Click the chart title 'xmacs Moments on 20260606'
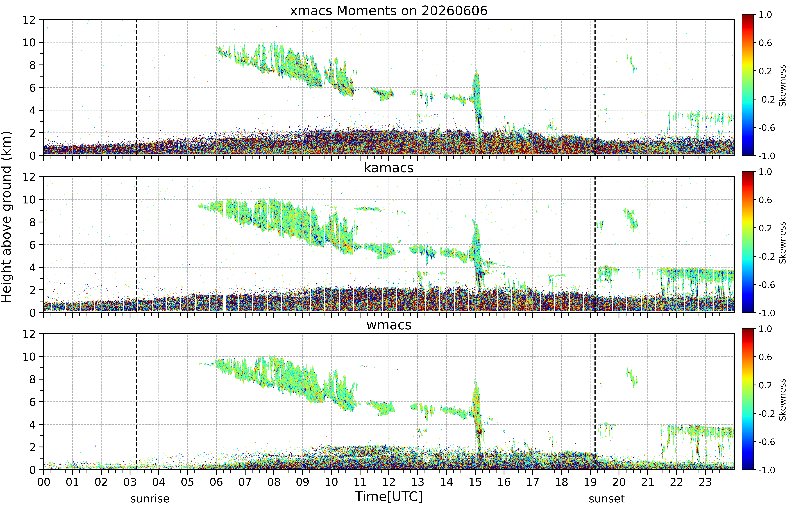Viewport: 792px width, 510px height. click(x=389, y=11)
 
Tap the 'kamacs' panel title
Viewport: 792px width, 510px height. click(x=389, y=168)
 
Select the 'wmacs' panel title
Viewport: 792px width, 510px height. click(x=389, y=325)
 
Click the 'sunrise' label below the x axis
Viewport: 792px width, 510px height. click(x=150, y=499)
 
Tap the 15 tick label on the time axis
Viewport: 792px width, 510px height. click(x=475, y=482)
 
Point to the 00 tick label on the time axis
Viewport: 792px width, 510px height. click(x=44, y=482)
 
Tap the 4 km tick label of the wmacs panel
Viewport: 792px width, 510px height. click(x=32, y=425)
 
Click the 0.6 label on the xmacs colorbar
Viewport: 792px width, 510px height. click(x=765, y=43)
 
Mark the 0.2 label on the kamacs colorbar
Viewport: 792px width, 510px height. click(x=765, y=228)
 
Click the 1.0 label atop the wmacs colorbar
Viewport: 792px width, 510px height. click(x=765, y=329)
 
